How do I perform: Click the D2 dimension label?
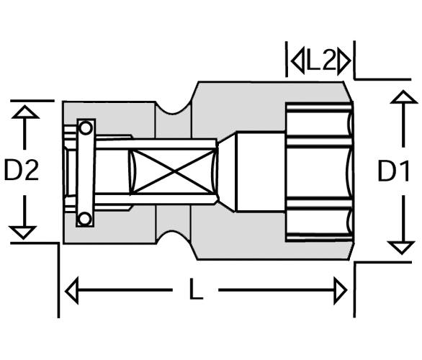[x=22, y=170]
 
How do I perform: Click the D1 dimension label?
[x=393, y=171]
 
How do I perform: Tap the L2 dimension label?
[x=321, y=62]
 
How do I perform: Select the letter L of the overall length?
[x=196, y=289]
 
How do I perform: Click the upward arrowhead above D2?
[x=25, y=112]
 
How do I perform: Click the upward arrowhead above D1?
[x=403, y=97]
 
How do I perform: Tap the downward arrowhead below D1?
[x=402, y=248]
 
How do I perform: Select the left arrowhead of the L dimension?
[x=72, y=290]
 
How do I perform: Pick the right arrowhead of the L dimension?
[x=341, y=290]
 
